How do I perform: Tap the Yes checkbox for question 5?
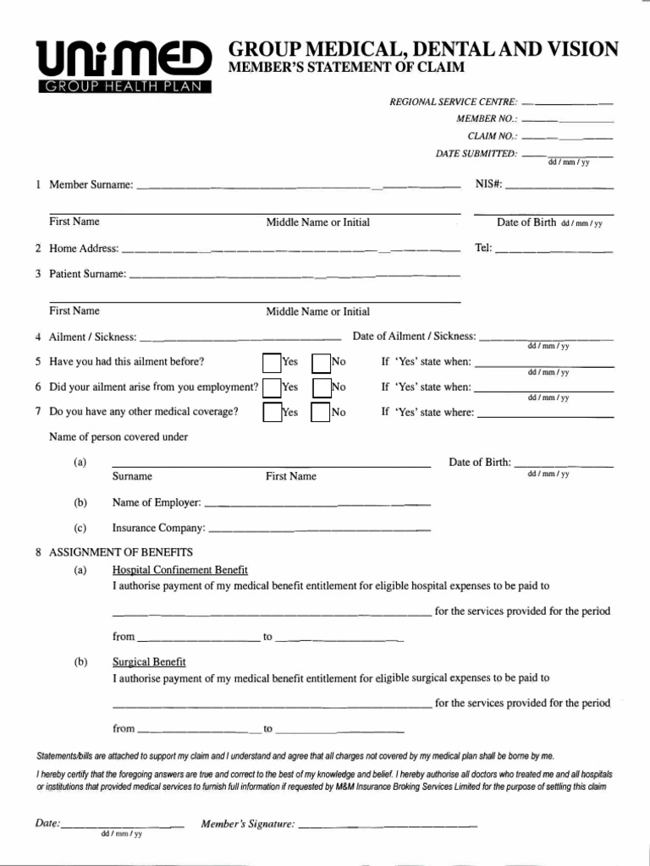pos(271,363)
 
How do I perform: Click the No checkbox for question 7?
pos(321,413)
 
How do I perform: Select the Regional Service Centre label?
pos(454,101)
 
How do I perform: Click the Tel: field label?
pos(483,249)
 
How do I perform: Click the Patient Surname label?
pos(88,274)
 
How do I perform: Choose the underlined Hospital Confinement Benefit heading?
pos(180,570)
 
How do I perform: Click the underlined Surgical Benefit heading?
pos(149,662)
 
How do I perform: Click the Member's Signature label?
pos(247,824)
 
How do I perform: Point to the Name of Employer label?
pos(157,502)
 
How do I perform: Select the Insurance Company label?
pos(159,528)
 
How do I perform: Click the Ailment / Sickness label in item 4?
pos(93,337)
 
